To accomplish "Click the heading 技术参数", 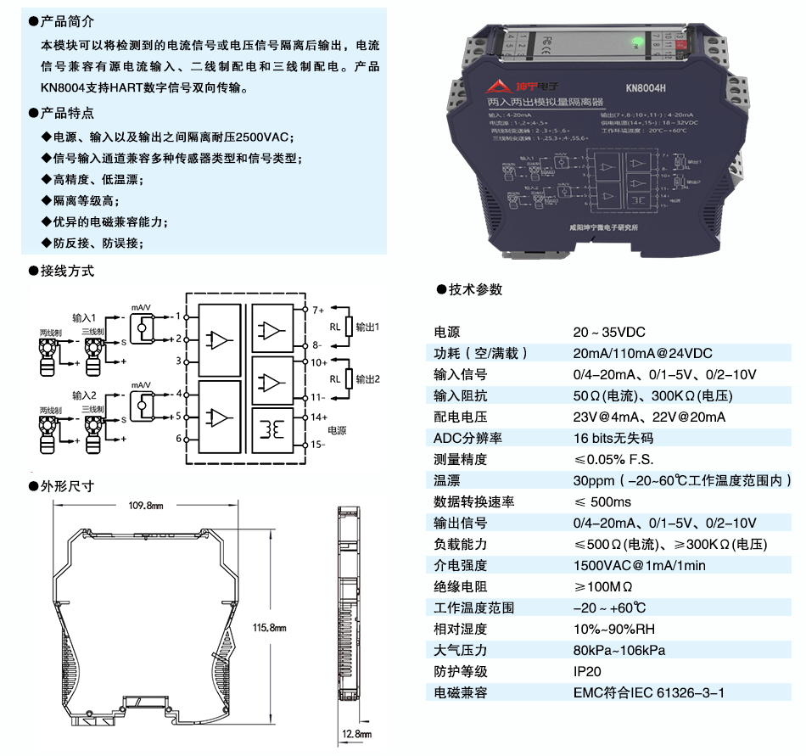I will click(x=475, y=289).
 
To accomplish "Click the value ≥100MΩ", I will click(x=603, y=586).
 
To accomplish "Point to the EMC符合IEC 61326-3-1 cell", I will click(x=649, y=692).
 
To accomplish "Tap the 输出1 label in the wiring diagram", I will click(x=367, y=327).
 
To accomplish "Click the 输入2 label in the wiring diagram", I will click(x=85, y=395).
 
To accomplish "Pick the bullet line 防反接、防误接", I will click(x=98, y=243).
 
